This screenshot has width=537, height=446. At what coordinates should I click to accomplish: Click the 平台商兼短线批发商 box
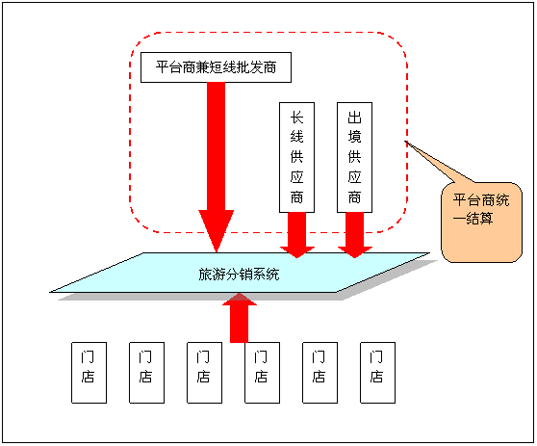[216, 67]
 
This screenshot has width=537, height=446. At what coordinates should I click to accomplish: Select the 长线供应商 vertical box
[296, 157]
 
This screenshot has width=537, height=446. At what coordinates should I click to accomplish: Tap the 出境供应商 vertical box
[354, 157]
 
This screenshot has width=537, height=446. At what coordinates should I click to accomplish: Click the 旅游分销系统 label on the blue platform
[239, 275]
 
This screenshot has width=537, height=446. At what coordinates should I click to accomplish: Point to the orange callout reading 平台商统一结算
[481, 223]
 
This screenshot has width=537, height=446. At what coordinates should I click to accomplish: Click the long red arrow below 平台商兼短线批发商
[217, 168]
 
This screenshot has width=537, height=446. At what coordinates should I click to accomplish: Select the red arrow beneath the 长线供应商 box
[297, 235]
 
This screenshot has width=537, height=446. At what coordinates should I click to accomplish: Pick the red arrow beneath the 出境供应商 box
[355, 235]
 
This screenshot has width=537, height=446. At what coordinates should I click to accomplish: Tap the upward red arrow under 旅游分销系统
[240, 318]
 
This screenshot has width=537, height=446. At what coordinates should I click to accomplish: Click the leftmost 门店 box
[89, 373]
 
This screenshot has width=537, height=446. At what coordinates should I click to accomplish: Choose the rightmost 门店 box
[378, 373]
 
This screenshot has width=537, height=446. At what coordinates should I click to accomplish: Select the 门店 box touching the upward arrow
[263, 373]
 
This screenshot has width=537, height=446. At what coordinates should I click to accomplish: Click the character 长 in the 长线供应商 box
[296, 118]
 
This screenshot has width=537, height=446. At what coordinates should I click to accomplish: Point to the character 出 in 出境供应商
[354, 118]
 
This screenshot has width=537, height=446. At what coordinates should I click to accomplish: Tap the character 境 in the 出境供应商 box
[354, 137]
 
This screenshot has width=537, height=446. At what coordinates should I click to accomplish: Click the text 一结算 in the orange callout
[473, 219]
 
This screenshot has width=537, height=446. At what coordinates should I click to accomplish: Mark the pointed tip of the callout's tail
[405, 141]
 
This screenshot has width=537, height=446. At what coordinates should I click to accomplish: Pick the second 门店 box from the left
[146, 373]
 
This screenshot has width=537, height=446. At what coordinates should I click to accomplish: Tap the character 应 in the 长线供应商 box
[296, 177]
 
